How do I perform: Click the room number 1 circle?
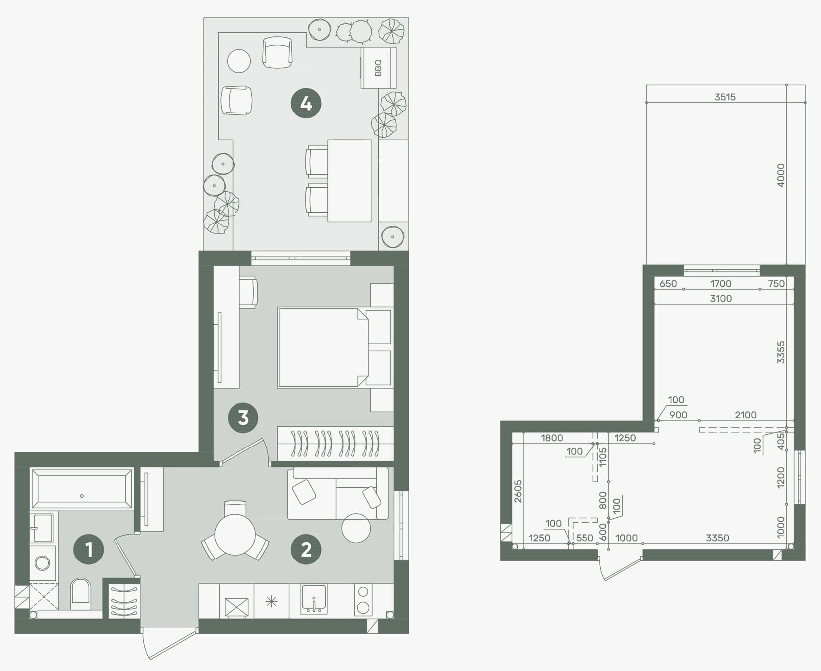(89, 549)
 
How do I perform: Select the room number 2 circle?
(306, 549)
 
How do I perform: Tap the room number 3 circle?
(243, 417)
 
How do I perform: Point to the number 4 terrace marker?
(306, 103)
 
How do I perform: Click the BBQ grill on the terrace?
(378, 68)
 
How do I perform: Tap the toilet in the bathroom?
(81, 593)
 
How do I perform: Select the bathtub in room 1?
(82, 489)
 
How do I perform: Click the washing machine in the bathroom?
(43, 563)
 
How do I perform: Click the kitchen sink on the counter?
(314, 599)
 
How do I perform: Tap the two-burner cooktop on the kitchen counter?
(363, 600)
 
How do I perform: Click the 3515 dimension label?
(725, 97)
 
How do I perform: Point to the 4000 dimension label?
(781, 175)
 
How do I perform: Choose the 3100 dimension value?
(721, 298)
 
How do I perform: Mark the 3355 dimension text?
(781, 352)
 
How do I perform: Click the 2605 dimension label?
(518, 491)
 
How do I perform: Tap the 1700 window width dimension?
(721, 284)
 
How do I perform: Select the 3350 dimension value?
(717, 538)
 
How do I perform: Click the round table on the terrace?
(239, 61)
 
